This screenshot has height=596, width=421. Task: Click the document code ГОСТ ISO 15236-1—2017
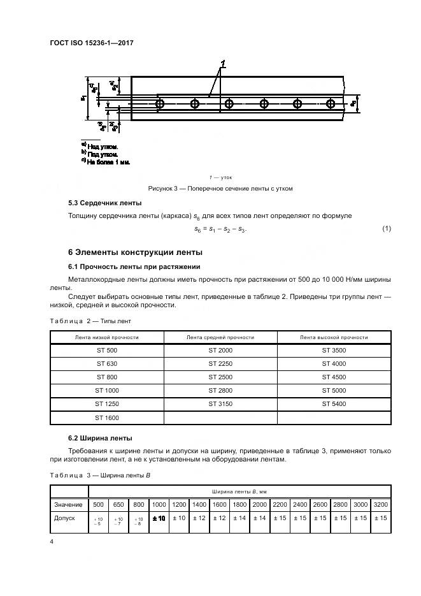[92, 43]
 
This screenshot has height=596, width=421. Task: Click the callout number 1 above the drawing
[224, 63]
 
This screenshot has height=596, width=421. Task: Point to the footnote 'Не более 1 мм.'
[108, 162]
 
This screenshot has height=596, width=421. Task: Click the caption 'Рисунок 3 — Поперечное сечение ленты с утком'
[220, 189]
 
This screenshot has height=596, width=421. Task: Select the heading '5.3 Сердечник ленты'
[104, 203]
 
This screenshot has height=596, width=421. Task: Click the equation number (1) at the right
[386, 228]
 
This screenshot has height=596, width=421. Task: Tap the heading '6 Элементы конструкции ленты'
[135, 251]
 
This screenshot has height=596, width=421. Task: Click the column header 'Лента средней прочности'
[220, 337]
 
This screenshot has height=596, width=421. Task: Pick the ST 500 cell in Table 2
[107, 351]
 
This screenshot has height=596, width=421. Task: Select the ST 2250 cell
[220, 364]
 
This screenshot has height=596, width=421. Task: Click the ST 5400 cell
[334, 404]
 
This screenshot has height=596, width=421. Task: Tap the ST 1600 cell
[107, 418]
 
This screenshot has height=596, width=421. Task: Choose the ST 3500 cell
[334, 351]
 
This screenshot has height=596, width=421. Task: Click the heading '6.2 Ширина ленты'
[100, 439]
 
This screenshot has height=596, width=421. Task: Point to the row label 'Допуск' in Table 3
[65, 518]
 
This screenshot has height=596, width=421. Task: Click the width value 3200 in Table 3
[381, 504]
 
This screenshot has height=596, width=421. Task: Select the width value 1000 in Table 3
[159, 504]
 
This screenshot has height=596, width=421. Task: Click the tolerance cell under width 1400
[199, 518]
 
